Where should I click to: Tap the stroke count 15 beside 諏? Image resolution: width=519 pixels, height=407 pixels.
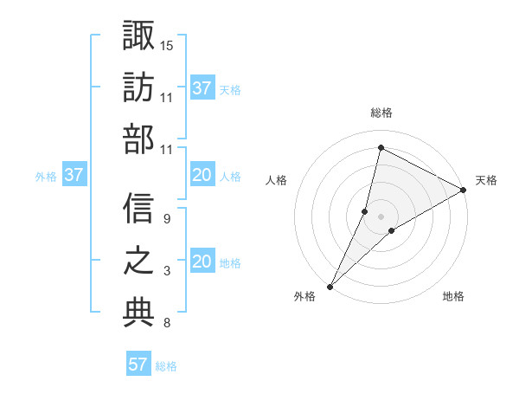(x=167, y=44)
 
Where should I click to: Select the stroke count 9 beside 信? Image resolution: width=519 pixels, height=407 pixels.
(x=166, y=218)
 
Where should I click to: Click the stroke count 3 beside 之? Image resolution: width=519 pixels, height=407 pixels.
(x=166, y=272)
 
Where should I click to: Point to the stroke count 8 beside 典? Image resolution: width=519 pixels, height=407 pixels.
(x=166, y=324)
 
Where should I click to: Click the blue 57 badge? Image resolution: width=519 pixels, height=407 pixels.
(x=138, y=365)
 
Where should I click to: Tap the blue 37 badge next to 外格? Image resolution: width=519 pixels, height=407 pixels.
(x=74, y=175)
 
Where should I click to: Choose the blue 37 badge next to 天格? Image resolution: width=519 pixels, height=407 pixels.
(x=202, y=88)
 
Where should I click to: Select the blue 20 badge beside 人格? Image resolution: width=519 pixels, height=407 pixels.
(x=202, y=175)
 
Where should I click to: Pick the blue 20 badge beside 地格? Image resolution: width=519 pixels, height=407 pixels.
(x=202, y=262)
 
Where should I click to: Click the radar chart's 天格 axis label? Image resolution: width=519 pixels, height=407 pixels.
(x=486, y=180)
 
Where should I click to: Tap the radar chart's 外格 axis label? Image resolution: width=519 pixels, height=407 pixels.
(x=304, y=296)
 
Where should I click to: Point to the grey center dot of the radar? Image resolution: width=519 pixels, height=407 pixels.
(x=381, y=216)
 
